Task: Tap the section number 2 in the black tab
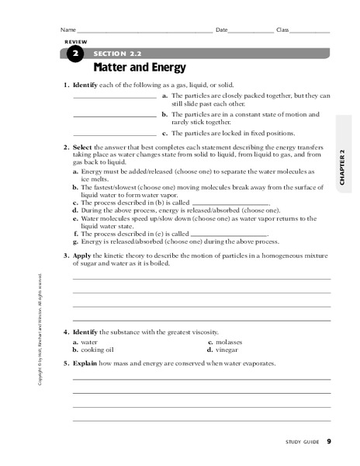pyautogui.click(x=74, y=54)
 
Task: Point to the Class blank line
pyautogui.click(x=310, y=32)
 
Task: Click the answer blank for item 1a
pyautogui.click(x=114, y=98)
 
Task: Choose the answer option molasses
pyautogui.click(x=228, y=342)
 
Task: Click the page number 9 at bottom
pyautogui.click(x=329, y=441)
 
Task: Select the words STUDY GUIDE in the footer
pyautogui.click(x=302, y=442)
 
